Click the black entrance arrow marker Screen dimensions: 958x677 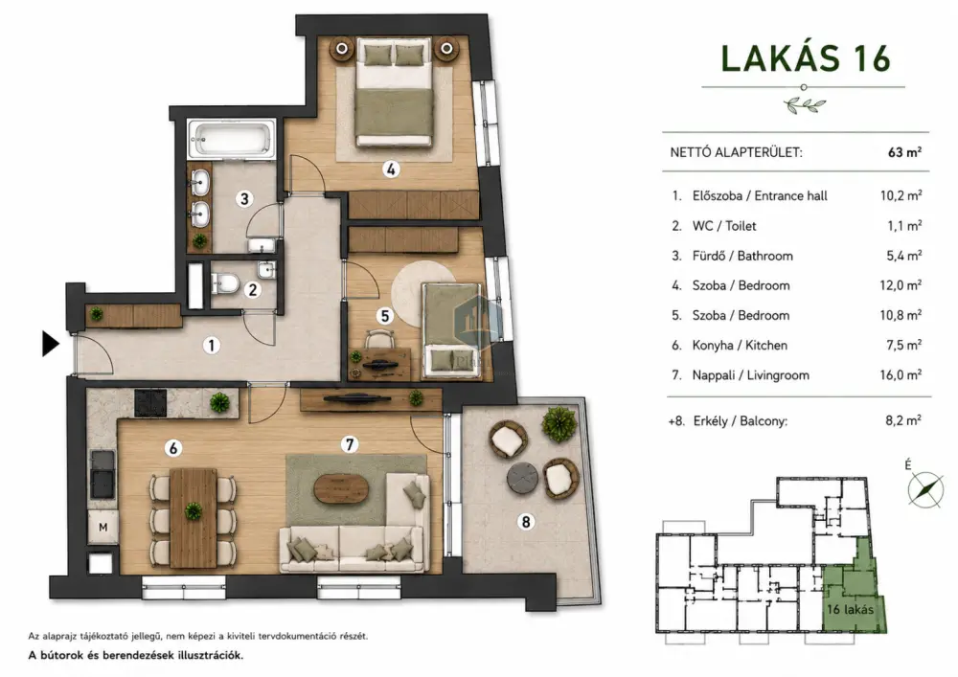point(50,344)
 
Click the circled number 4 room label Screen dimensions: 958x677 point(391,169)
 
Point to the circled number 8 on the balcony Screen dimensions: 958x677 point(525,522)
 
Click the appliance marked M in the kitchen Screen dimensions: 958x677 point(103,527)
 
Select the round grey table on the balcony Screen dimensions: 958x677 point(522,476)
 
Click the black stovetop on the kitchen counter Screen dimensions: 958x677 point(150,402)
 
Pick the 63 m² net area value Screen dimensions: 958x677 point(904,152)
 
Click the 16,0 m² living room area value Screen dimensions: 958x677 point(901,374)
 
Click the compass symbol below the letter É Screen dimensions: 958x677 point(925,489)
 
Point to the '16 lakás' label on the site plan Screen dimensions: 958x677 point(850,609)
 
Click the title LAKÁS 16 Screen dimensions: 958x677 point(806,59)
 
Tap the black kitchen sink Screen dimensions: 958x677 point(103,474)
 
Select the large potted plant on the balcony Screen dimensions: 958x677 point(559,423)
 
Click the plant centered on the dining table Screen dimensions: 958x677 point(194,510)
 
